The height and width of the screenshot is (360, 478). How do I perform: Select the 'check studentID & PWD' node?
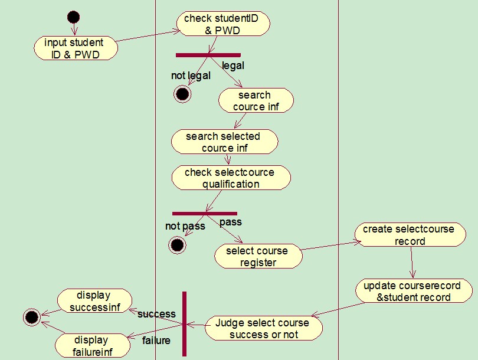coord(223,24)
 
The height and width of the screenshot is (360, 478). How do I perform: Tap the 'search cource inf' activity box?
coord(256,100)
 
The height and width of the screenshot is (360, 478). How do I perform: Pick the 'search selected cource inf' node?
coord(224,142)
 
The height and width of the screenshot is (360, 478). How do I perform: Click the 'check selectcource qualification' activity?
coord(231,178)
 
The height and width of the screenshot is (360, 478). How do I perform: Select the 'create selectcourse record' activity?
coord(409,234)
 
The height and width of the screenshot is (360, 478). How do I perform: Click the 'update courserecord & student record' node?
coord(414,292)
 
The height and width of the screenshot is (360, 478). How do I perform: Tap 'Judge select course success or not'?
coord(263,329)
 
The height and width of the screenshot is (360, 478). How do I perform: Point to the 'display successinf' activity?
coord(93,301)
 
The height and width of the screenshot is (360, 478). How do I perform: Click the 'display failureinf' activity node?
coord(91,346)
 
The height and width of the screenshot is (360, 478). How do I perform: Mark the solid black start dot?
coord(74,17)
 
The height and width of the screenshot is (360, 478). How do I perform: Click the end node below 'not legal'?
coord(182,94)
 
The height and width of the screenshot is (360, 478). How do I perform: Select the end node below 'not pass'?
coord(177,245)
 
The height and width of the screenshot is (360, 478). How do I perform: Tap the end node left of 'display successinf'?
coord(32,318)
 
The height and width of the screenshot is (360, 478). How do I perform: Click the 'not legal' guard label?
coord(191,76)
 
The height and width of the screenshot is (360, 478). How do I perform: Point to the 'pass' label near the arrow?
coord(231,222)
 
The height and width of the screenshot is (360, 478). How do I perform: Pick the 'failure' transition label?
coord(156,341)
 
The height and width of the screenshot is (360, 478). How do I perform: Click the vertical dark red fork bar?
coord(184,323)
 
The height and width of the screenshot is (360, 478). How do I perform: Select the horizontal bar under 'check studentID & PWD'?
coord(208,55)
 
